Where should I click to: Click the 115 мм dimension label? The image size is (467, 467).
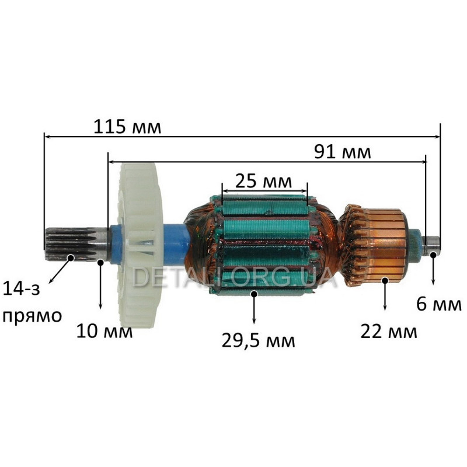tap(127, 127)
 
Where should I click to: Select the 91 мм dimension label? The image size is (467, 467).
tap(343, 152)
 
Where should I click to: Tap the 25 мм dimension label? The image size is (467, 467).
tap(264, 181)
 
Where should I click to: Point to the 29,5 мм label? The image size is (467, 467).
tap(258, 341)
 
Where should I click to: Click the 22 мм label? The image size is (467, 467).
tap(389, 331)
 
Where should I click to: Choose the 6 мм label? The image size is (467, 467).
tap(439, 304)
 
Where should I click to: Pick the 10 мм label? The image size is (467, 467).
tap(104, 331)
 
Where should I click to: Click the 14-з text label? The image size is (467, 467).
tap(21, 289)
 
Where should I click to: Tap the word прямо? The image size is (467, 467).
tap(32, 316)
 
